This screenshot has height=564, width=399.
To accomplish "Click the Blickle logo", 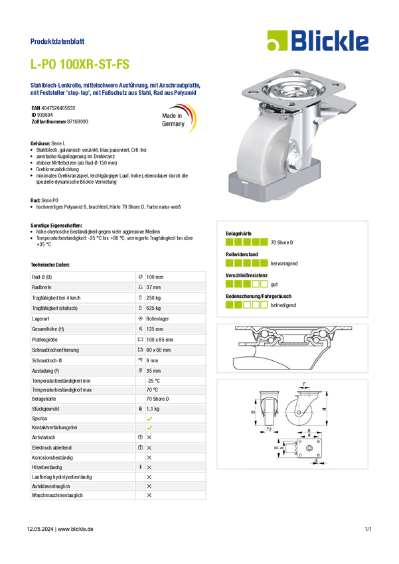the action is click(x=318, y=40).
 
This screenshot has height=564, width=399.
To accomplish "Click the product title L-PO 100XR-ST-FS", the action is click(x=80, y=64).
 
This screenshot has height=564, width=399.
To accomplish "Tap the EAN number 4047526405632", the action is click(x=58, y=108).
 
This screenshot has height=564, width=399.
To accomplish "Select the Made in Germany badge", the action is click(x=179, y=118).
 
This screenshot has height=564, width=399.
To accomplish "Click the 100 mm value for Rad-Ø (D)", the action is click(x=155, y=277).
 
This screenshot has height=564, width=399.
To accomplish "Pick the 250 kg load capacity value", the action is click(x=153, y=298).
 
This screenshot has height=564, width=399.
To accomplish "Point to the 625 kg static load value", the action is click(x=153, y=309).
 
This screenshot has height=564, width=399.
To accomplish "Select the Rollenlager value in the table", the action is click(x=157, y=318).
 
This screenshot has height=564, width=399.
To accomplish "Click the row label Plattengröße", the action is click(x=44, y=340).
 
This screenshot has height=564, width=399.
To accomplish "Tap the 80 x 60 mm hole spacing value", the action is click(x=158, y=350).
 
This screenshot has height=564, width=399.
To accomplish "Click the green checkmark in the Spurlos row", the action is click(x=149, y=419).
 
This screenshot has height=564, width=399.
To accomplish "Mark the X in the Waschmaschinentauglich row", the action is click(x=149, y=495).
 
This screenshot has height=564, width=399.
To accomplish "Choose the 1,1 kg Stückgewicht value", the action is click(x=153, y=409).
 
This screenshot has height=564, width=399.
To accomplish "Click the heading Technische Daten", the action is click(x=50, y=265).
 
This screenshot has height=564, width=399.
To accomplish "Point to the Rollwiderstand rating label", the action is click(x=242, y=254).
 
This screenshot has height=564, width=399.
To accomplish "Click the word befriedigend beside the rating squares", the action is click(x=283, y=305).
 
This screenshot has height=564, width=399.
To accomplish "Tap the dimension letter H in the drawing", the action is click(x=324, y=409).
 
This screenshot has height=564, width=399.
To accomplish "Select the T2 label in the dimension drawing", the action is click(x=269, y=429).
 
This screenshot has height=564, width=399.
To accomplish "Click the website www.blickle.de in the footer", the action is click(x=76, y=529).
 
